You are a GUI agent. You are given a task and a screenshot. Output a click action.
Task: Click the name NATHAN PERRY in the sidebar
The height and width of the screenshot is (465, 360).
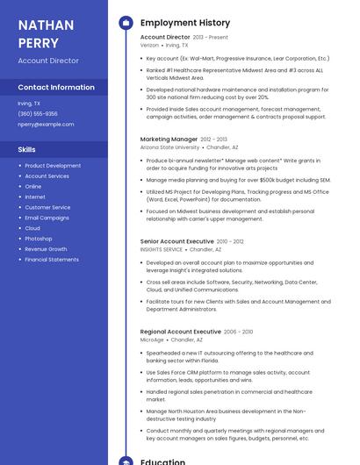[x=39, y=33]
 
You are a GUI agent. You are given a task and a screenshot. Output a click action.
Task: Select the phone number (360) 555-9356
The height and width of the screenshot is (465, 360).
[x=38, y=114]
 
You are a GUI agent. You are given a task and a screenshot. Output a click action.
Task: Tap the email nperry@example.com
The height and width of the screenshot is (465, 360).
[x=46, y=125]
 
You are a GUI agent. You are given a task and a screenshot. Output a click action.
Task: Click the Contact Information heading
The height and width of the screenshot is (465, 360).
[x=56, y=88]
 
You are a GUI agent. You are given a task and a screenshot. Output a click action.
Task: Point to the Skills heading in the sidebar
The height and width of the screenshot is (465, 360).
[x=27, y=150]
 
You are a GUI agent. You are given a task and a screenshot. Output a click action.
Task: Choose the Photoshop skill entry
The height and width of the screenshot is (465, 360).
[x=39, y=239]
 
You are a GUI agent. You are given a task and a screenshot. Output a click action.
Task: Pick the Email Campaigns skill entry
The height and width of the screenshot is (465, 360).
[x=47, y=218]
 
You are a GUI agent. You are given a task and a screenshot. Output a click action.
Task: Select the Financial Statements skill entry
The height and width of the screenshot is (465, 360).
[x=52, y=260]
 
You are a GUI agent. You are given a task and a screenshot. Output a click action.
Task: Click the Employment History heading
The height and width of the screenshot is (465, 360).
[x=185, y=23]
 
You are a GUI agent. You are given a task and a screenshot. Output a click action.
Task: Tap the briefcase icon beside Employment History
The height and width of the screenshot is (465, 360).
[x=126, y=23]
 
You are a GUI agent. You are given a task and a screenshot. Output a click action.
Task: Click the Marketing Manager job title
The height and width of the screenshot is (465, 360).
[x=169, y=139]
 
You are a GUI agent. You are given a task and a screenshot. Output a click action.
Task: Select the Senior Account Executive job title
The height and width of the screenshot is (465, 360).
[x=176, y=241]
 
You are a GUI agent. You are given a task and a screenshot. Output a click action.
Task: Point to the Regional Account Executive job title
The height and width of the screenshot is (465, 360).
[x=180, y=332]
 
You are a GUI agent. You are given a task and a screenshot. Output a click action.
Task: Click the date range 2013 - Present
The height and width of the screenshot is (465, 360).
[x=210, y=38]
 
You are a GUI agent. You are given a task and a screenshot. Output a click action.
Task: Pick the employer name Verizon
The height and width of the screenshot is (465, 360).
[x=149, y=45]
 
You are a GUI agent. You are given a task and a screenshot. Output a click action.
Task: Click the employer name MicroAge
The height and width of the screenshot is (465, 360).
[x=152, y=340]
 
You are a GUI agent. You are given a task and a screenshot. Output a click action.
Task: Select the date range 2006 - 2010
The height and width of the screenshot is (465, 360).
[x=238, y=332]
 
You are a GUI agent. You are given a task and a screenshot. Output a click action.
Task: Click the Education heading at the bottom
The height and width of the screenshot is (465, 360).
[x=162, y=461]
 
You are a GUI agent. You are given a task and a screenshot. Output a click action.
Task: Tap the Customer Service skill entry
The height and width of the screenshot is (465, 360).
[x=47, y=207]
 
